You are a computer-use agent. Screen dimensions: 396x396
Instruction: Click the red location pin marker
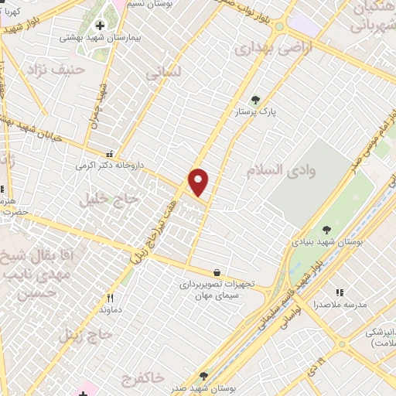(199, 182)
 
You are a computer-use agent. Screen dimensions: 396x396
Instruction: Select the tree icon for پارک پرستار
(256, 100)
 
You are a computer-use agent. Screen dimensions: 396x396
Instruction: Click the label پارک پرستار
(256, 113)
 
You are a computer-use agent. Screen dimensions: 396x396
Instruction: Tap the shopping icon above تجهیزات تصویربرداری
(216, 272)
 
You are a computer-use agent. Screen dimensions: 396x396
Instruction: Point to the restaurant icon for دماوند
(110, 299)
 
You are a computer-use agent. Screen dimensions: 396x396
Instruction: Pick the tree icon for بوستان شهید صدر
(203, 376)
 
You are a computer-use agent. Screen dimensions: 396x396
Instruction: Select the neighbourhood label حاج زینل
(87, 336)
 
